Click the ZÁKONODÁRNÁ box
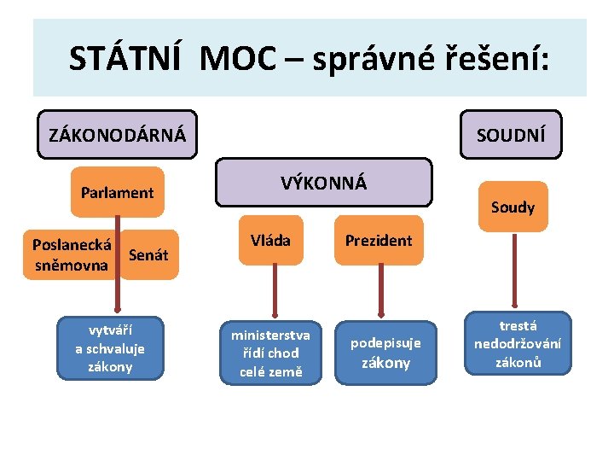point(117,135)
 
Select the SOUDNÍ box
point(511,135)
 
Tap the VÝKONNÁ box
point(323,183)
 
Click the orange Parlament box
point(117,193)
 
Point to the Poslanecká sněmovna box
point(72,254)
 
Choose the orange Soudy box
point(513,207)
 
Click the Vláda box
point(270,241)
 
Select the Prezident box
point(378,241)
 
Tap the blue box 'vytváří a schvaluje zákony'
point(110,348)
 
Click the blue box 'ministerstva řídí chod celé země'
point(270,353)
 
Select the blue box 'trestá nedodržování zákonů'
point(518,343)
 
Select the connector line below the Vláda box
point(270,292)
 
